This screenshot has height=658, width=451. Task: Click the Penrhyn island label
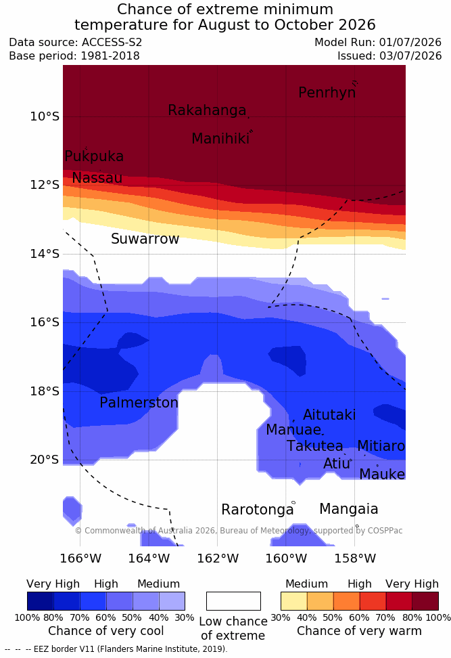click(327, 93)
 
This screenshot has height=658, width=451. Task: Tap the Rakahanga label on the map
click(207, 110)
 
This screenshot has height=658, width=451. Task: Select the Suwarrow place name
click(145, 239)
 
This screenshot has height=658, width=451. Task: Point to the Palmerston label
click(139, 402)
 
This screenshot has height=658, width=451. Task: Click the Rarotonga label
click(258, 510)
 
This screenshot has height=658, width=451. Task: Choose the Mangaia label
click(349, 509)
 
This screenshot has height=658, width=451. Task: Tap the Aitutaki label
click(329, 415)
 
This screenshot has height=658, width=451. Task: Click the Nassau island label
click(97, 178)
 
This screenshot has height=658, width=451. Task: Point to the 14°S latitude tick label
click(45, 254)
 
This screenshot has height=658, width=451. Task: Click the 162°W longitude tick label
click(218, 558)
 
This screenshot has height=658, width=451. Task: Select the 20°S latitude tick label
click(45, 460)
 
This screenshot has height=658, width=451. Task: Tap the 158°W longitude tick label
click(355, 558)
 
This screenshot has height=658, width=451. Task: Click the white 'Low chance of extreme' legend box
click(233, 601)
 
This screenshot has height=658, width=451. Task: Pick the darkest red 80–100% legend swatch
click(425, 601)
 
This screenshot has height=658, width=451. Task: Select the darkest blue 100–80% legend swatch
click(41, 601)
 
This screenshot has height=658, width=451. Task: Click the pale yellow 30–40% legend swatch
click(294, 601)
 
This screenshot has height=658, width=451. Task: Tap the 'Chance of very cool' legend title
click(106, 631)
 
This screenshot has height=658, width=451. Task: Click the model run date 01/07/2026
click(410, 43)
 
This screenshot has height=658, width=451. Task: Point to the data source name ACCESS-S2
click(112, 43)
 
